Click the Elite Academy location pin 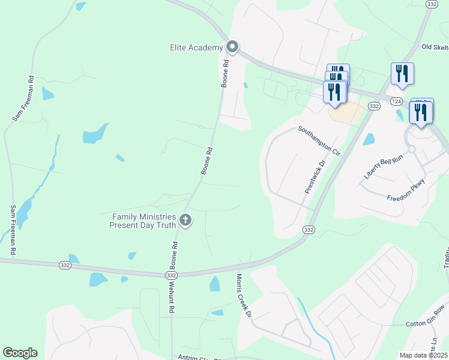point(232,47)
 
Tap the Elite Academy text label point(196,47)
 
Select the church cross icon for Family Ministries point(185,220)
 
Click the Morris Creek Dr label point(243,295)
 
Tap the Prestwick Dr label point(315,176)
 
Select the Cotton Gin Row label point(426,324)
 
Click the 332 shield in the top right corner point(430,4)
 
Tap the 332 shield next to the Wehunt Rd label point(171,275)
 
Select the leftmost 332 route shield point(65,264)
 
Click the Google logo point(20,353)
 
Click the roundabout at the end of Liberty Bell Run point(412,148)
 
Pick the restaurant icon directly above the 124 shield point(402,74)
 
